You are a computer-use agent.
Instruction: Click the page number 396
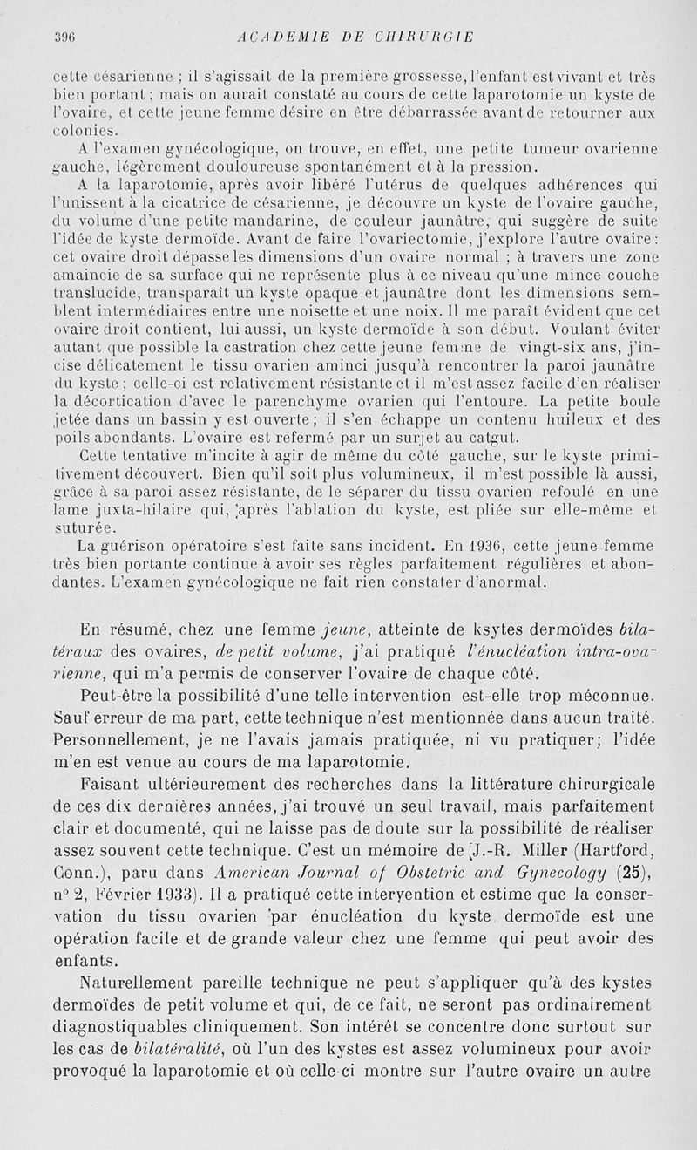click(64, 37)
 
